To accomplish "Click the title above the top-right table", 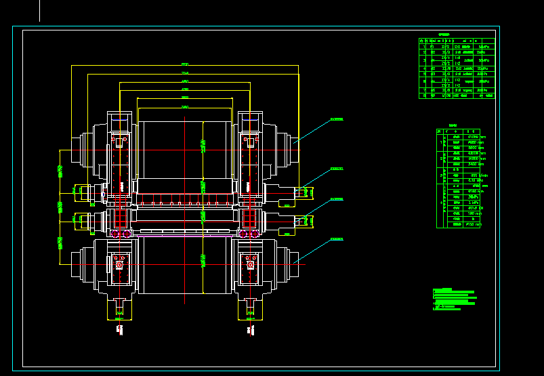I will [444, 33].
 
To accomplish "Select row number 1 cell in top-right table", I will [424, 46].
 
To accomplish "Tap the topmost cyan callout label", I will [336, 119].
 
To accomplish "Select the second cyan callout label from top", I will [336, 169].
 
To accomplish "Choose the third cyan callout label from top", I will [336, 199].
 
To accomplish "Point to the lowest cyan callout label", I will [336, 239].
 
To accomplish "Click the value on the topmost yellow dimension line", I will [185, 64].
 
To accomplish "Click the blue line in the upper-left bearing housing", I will [119, 119].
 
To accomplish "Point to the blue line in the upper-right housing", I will [251, 119].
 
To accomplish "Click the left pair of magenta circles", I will [120, 234].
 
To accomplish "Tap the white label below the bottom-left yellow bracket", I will [119, 330].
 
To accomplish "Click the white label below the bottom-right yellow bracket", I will [250, 330].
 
